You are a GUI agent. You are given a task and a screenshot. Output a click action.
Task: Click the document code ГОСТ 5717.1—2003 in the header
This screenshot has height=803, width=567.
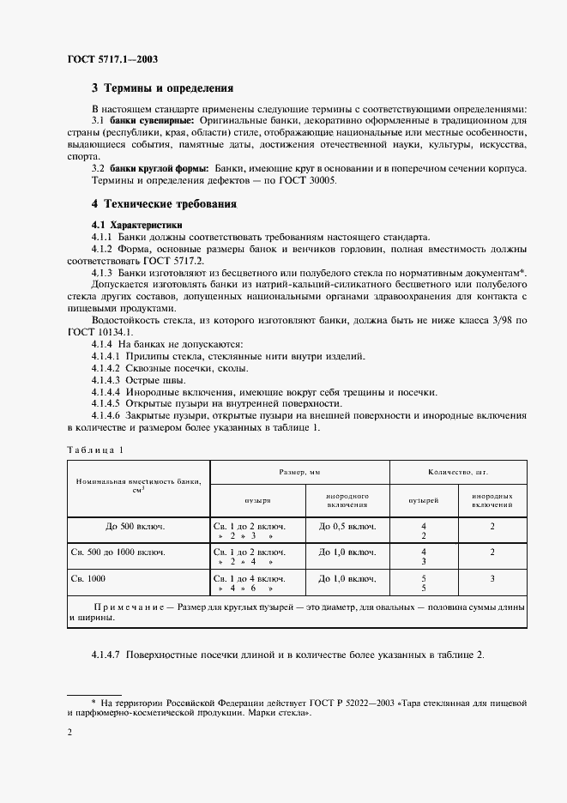[112, 59]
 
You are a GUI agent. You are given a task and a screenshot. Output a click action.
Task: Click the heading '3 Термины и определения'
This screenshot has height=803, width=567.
[163, 88]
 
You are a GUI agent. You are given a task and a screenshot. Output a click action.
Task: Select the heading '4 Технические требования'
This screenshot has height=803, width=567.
[164, 204]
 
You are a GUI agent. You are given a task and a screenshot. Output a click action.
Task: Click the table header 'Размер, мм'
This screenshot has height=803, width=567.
[300, 473]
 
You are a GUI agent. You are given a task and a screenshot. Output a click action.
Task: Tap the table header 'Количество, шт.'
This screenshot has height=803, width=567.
[458, 473]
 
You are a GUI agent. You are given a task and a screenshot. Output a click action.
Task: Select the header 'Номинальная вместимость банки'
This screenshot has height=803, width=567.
[139, 481]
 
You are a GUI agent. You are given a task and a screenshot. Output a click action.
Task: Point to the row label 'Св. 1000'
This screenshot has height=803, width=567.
[88, 579]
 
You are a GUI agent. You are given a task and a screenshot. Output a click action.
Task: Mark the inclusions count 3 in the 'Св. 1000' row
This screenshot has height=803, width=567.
[492, 579]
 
